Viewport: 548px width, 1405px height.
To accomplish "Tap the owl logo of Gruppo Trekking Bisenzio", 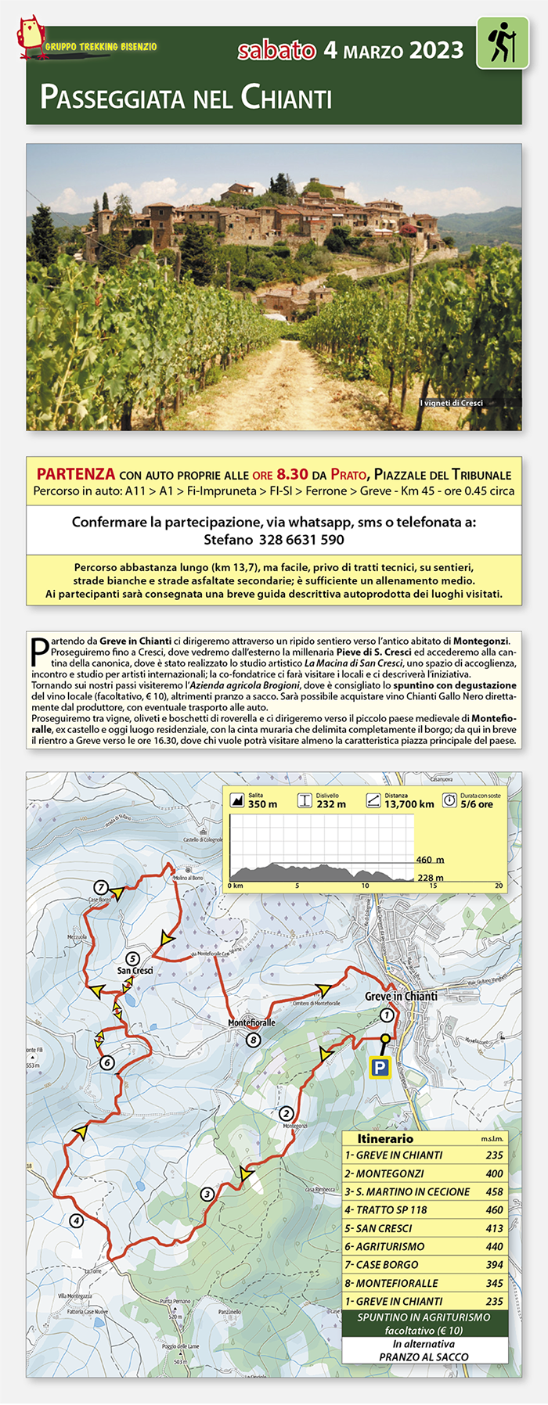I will pyautogui.click(x=30, y=37).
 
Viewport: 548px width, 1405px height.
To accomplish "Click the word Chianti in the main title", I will pyautogui.click(x=287, y=98).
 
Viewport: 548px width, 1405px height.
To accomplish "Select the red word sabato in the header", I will pyautogui.click(x=276, y=51).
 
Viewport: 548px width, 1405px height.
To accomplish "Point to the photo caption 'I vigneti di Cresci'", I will pyautogui.click(x=451, y=403).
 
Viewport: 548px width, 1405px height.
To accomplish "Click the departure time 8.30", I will pyautogui.click(x=292, y=474).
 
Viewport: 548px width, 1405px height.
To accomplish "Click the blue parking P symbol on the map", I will pyautogui.click(x=380, y=1068).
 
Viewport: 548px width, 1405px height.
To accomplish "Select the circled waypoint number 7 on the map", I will pyautogui.click(x=100, y=887).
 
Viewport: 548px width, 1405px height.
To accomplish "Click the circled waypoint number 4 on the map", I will pyautogui.click(x=76, y=1220).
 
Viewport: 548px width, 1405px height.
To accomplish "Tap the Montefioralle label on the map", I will pyautogui.click(x=251, y=1022).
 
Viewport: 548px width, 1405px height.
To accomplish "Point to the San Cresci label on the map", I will pyautogui.click(x=135, y=970).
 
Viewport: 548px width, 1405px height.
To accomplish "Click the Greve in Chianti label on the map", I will pyautogui.click(x=401, y=996).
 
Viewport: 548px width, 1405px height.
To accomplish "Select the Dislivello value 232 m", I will pyautogui.click(x=330, y=804).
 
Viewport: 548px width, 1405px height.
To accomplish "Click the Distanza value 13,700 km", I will pyautogui.click(x=409, y=804).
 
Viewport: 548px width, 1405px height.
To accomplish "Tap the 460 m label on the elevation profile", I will pyautogui.click(x=430, y=860).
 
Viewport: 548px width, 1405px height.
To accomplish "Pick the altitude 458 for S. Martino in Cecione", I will pyautogui.click(x=494, y=1191).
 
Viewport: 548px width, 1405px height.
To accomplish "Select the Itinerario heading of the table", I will pyautogui.click(x=385, y=1139).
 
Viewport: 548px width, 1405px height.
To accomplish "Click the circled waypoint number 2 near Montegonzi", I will pyautogui.click(x=287, y=1113).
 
